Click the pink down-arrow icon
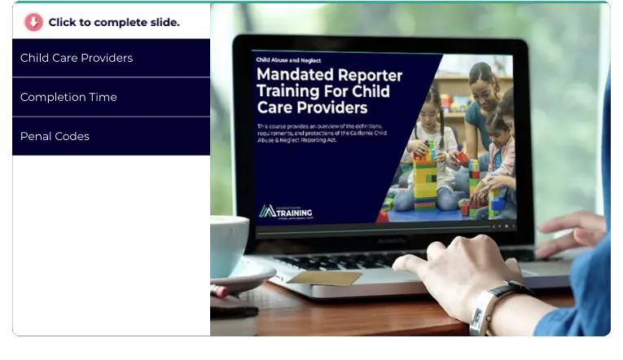point(33,22)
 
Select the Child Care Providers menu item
point(77,58)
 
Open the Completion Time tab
point(68,97)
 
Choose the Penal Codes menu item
point(55,136)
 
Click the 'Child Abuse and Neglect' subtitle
point(288,59)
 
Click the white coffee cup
point(227,244)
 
